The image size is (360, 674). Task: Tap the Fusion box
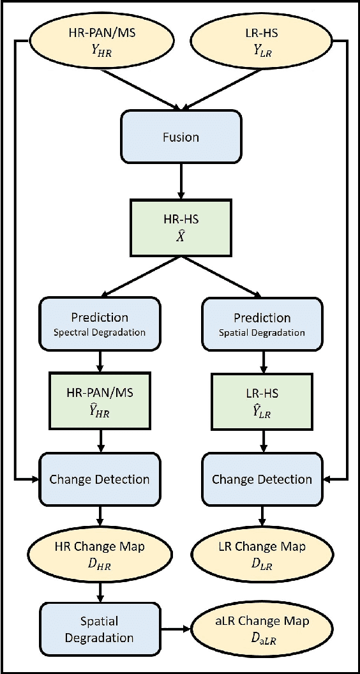[x=181, y=137]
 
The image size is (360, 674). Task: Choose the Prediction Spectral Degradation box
[x=100, y=324]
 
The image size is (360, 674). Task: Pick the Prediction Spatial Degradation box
[x=262, y=324]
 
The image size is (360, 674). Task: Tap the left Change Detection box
[x=100, y=479]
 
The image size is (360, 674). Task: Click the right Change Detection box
[x=262, y=479]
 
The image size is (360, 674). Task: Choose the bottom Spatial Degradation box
[x=100, y=629]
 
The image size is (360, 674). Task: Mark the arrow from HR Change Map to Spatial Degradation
[x=100, y=590]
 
